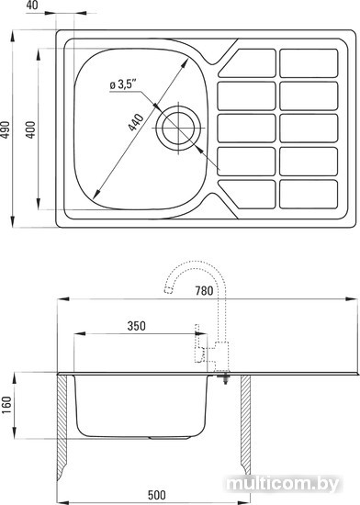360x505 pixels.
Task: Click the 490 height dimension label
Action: (5, 129)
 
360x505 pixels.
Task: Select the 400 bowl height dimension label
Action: (30, 129)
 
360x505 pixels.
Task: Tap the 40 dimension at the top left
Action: (32, 6)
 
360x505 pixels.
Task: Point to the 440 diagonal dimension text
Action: (136, 122)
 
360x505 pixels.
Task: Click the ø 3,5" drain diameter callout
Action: (122, 84)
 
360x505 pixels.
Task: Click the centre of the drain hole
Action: (178, 128)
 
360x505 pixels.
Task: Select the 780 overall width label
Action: (204, 290)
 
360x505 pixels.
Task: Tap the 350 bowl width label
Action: (137, 326)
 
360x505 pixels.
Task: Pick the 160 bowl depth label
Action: (6, 405)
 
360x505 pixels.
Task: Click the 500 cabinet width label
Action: (157, 495)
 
